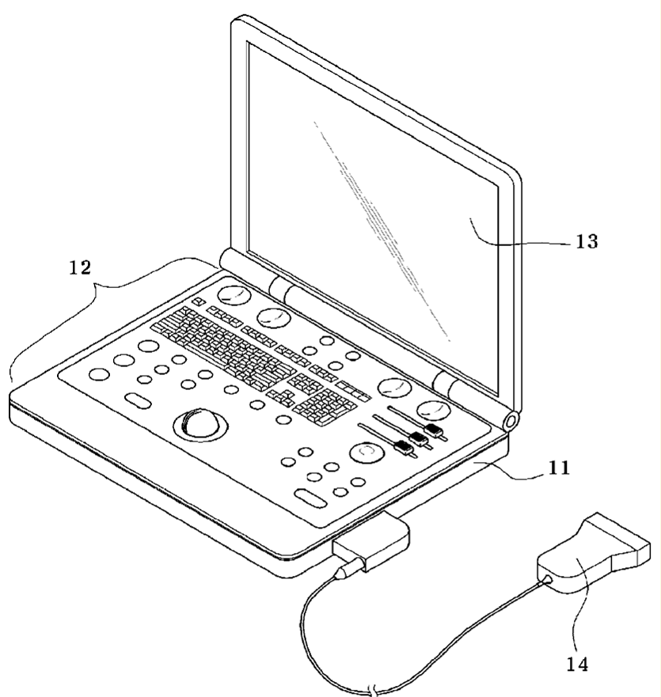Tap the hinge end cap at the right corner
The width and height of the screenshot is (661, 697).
click(x=509, y=420)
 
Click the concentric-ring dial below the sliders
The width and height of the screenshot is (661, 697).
click(x=366, y=453)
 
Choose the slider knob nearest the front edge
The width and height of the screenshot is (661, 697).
click(x=405, y=449)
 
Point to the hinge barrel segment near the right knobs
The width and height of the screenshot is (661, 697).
click(x=448, y=385)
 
